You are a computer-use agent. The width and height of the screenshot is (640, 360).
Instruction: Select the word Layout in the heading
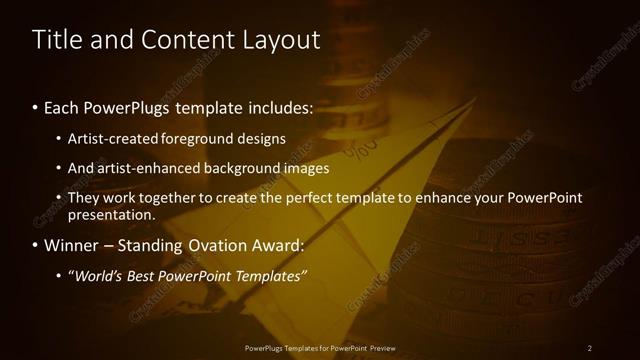pos(280,40)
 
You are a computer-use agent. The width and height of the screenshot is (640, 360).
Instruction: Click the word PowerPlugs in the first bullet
pos(122,107)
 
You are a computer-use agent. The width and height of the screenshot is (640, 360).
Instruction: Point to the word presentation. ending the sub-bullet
pos(111,214)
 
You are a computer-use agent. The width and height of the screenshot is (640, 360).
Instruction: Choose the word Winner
pos(72,245)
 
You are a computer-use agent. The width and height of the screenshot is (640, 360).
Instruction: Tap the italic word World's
pos(97,275)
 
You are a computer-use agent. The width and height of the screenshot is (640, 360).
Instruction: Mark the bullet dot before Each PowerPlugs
pos(36,107)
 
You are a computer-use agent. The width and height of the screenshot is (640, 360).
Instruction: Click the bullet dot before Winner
pos(36,245)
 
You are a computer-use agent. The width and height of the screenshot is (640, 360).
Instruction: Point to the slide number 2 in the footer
pos(590,348)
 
